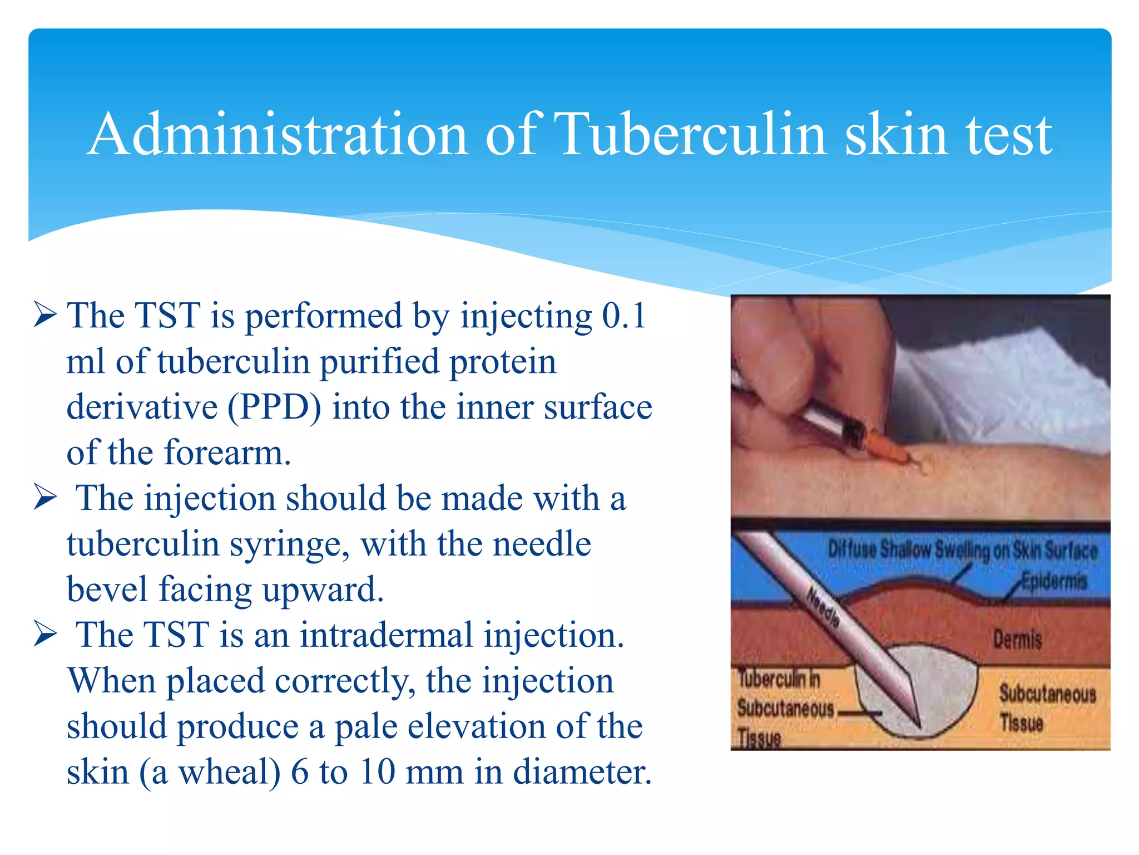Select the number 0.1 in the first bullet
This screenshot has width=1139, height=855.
623,316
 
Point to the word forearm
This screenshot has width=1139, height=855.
227,453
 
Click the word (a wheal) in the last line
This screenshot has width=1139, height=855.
210,773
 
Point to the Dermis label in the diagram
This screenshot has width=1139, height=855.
1017,640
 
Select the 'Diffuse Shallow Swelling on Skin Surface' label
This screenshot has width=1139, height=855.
962,550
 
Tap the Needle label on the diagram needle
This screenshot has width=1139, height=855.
823,608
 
